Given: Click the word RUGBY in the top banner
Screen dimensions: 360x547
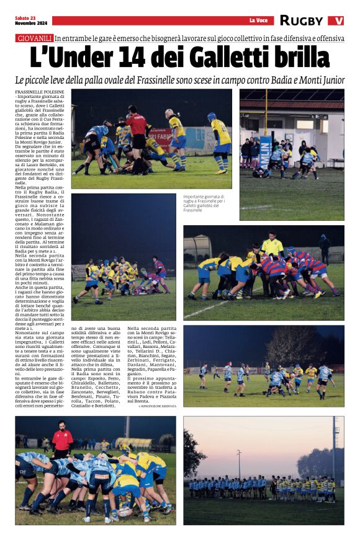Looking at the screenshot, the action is pyautogui.click(x=301, y=20).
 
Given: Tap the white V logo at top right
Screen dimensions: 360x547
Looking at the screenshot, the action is pyautogui.click(x=336, y=20).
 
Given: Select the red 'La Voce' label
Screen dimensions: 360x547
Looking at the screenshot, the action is pyautogui.click(x=258, y=20).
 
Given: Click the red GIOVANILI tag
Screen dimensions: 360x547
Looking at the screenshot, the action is pyautogui.click(x=35, y=38).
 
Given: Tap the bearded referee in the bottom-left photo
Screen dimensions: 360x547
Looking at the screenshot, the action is pyautogui.click(x=62, y=440).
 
